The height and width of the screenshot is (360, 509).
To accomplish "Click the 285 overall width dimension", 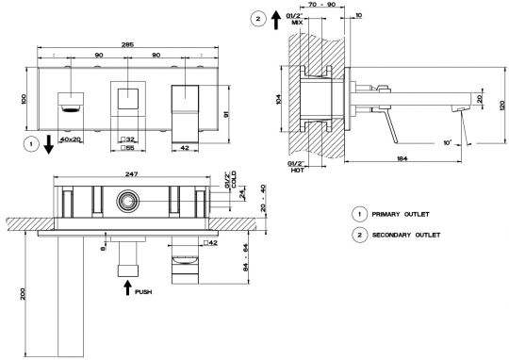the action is (x=127, y=45).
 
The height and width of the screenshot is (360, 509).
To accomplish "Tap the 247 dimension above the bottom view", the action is (x=131, y=174).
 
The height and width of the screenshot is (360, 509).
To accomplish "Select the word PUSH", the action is (x=143, y=292).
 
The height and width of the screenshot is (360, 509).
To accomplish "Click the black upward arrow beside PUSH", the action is (x=128, y=287).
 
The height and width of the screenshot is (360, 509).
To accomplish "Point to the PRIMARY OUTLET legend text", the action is (x=401, y=214).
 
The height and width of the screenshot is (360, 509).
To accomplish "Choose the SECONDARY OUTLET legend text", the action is (x=406, y=235).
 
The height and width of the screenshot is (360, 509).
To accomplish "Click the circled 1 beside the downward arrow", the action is (x=31, y=144).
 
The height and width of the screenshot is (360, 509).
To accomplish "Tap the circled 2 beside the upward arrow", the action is (x=258, y=19).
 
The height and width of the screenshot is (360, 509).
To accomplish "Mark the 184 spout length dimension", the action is (x=402, y=158).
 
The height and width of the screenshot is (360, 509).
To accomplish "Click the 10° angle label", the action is (x=448, y=142).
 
